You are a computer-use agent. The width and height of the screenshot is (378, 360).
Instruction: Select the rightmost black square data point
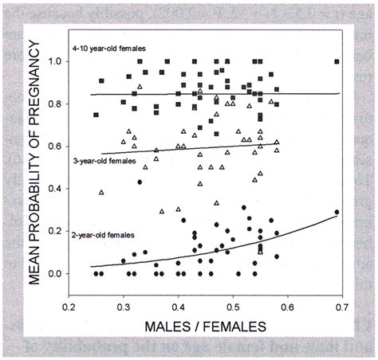337,61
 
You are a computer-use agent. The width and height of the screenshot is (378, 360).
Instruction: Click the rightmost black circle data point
337,212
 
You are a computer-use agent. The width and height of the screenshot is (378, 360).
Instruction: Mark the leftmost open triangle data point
101,192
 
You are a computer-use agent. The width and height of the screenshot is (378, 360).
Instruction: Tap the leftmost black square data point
96,115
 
